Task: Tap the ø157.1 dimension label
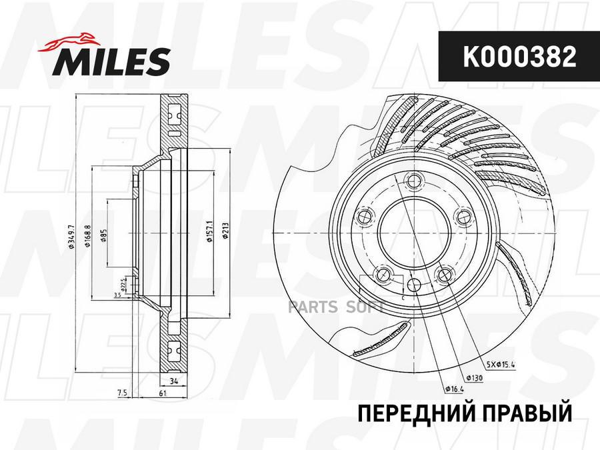click(x=209, y=234)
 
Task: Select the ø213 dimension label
click(x=227, y=234)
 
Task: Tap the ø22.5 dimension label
click(x=123, y=283)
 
